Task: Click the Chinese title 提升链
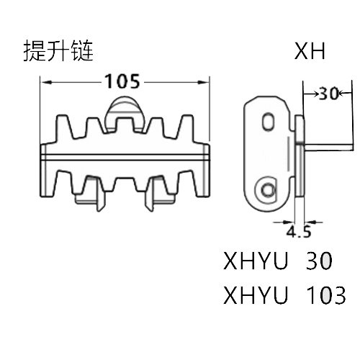58,51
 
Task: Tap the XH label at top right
310,51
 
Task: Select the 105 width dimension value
122,81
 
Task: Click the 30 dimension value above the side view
328,94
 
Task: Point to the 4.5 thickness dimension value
299,232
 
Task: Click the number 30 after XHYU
319,261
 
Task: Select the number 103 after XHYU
326,295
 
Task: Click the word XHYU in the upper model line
256,261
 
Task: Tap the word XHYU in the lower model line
256,295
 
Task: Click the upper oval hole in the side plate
268,121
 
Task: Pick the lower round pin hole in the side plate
267,189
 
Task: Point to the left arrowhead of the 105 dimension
47,82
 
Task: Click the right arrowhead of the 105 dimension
203,82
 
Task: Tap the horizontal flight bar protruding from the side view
329,147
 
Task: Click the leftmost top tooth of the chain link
63,127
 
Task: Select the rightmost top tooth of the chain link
186,127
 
